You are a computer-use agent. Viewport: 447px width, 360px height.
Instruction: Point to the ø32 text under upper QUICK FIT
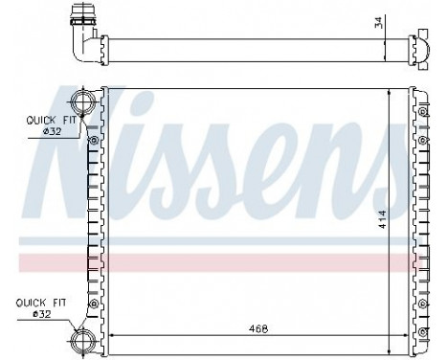coord(46,133)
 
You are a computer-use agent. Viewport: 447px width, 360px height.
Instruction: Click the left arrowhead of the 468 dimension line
coord(114,336)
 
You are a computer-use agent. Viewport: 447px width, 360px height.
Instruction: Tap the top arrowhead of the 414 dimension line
coord(390,93)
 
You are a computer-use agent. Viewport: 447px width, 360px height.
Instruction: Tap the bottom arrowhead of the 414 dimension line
coord(390,328)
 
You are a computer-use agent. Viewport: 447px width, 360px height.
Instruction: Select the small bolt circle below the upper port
coord(93,141)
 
